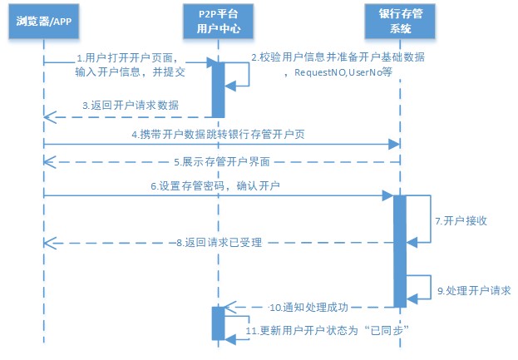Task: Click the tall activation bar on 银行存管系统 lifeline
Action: coord(399,249)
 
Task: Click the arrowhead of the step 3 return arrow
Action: coord(48,117)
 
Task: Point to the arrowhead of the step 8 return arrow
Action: coord(48,243)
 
